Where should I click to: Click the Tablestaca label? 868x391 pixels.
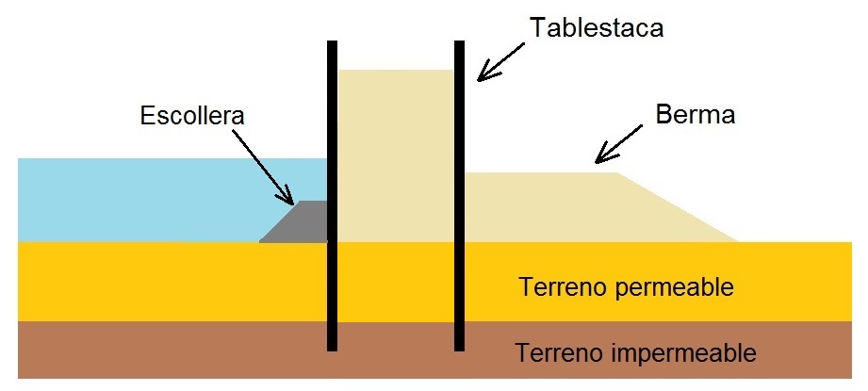click(x=597, y=27)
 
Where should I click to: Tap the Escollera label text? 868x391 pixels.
click(x=192, y=116)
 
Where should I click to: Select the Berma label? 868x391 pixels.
click(x=696, y=115)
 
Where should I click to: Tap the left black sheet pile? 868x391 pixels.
click(x=332, y=196)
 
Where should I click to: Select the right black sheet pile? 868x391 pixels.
click(x=460, y=196)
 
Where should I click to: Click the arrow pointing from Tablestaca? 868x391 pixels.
click(x=500, y=62)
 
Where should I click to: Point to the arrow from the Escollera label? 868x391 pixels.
click(x=262, y=167)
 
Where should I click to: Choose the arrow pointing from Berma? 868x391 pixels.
click(x=618, y=144)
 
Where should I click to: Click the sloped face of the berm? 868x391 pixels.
click(x=678, y=207)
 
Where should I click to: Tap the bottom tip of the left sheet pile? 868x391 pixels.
click(x=332, y=350)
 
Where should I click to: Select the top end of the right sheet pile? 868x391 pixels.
click(x=460, y=41)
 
